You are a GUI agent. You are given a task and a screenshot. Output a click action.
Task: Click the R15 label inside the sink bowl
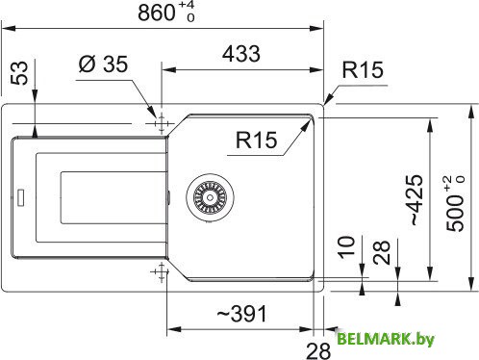(255, 141)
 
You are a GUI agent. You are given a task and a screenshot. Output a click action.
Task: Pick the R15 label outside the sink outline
(364, 70)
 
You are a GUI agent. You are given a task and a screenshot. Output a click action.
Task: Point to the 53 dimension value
(18, 73)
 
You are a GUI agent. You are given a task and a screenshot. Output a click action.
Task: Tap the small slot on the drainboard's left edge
(19, 199)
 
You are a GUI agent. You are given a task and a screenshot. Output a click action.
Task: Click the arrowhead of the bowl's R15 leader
(309, 119)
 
